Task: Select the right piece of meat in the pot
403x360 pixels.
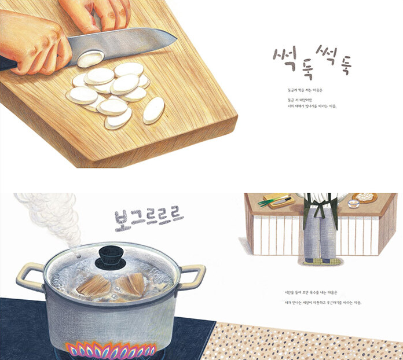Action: pos(133,285)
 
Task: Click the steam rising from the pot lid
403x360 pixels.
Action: pos(49,217)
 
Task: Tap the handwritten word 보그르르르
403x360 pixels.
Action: pos(149,218)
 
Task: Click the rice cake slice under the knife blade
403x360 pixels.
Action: pos(90,58)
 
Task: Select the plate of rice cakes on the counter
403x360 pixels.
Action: pos(365,197)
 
